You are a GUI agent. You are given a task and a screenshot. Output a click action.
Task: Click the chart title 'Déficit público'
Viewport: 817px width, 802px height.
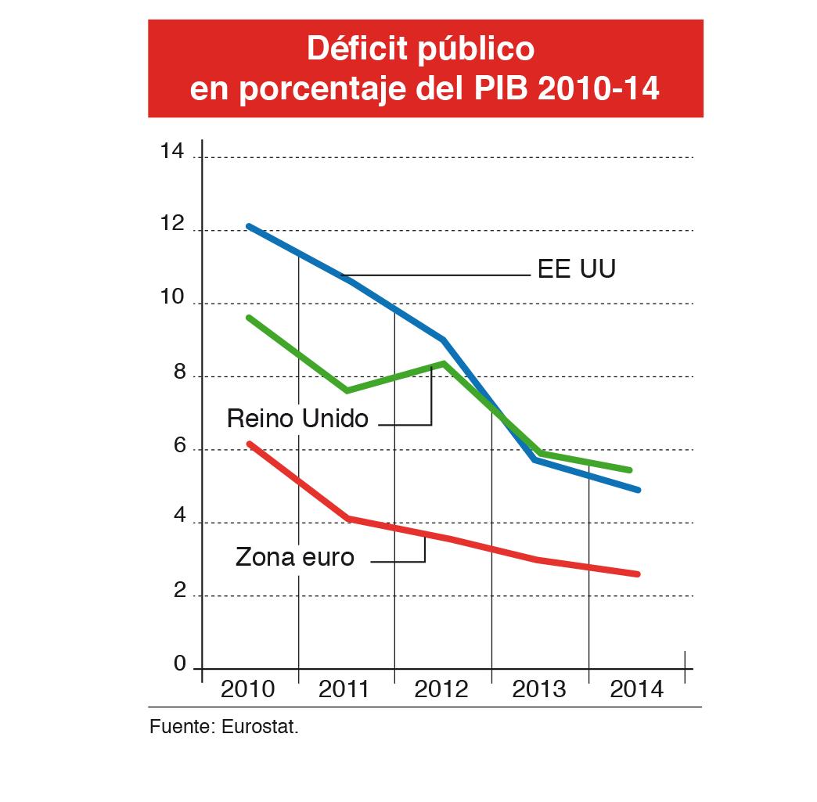coord(420,49)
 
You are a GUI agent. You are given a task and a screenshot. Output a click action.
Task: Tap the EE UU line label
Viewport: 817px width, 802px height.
coord(577,269)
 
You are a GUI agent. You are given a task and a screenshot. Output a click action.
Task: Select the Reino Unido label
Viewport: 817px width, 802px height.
coord(297,419)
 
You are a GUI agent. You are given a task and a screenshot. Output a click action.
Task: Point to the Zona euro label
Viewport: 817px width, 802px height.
coord(295,558)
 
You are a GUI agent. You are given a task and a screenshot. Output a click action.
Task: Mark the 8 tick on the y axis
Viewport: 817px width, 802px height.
coord(179,372)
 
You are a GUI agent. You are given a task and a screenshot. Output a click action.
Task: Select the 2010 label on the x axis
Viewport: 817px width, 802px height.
coord(248,689)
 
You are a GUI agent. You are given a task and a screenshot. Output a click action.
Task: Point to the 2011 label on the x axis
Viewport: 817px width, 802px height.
coord(344,689)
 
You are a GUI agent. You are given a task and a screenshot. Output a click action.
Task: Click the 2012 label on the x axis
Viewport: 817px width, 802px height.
coord(441,689)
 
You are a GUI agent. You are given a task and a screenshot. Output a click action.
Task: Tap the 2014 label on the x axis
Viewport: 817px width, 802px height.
coord(635,689)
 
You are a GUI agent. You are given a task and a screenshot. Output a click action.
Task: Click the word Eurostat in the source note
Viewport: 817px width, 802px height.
coord(261,728)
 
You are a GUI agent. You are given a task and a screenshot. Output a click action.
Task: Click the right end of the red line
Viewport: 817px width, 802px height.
coord(638,574)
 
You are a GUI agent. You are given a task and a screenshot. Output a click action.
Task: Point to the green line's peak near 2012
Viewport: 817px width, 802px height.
coord(444,363)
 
